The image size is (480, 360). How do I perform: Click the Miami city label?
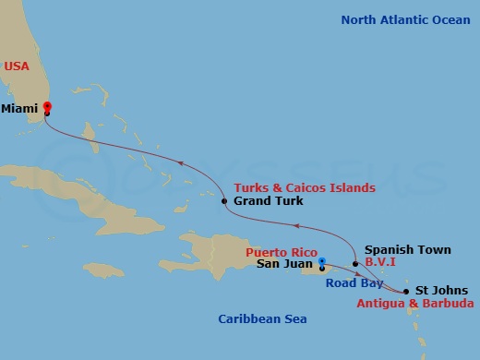tap(19, 108)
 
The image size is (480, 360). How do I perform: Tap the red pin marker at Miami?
tap(47, 106)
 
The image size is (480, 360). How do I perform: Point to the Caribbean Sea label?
tap(262, 319)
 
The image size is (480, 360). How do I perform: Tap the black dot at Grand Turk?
tap(224, 200)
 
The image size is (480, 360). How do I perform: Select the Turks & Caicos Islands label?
tap(305, 188)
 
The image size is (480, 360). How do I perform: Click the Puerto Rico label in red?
tap(282, 251)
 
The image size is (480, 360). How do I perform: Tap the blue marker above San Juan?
tap(321, 259)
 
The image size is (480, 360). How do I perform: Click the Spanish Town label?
tap(407, 249)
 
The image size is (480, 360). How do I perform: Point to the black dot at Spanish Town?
tap(355, 263)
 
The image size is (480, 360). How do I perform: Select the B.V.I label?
tap(381, 262)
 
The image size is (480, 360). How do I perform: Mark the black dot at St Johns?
tap(406, 292)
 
